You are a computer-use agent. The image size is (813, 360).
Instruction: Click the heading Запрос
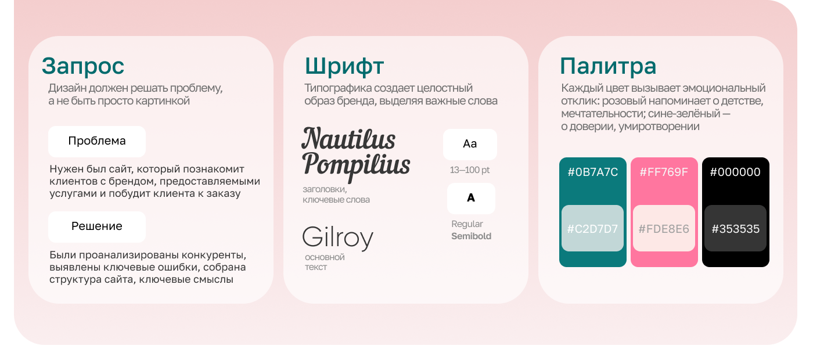click(x=83, y=66)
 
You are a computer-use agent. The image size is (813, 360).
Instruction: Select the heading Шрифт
click(x=344, y=66)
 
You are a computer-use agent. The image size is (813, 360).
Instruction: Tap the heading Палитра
click(x=608, y=66)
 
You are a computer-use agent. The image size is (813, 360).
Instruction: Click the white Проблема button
click(x=97, y=141)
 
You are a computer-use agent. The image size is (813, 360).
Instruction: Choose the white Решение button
click(x=97, y=226)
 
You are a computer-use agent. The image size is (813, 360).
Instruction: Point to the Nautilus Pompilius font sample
click(x=355, y=152)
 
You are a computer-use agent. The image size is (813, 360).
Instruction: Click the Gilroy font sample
click(x=337, y=238)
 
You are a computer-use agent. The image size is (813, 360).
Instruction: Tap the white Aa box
click(x=470, y=144)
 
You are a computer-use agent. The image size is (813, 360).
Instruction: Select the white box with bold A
click(x=471, y=199)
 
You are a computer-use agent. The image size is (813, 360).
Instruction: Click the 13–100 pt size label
click(x=470, y=170)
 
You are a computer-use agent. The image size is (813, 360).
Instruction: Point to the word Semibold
click(x=471, y=236)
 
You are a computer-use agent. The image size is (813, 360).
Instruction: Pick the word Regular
click(x=467, y=224)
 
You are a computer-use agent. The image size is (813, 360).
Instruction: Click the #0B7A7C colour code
click(x=592, y=172)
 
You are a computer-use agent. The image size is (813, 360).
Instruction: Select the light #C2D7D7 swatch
click(x=592, y=229)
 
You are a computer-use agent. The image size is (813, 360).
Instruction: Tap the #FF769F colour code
click(x=664, y=172)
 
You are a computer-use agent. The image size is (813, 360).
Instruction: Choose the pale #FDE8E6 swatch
click(x=664, y=229)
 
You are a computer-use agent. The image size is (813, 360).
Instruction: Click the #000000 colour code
click(x=735, y=172)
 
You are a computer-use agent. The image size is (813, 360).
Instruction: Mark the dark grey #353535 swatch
click(x=735, y=229)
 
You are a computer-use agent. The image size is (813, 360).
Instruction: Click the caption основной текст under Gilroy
click(x=324, y=262)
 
